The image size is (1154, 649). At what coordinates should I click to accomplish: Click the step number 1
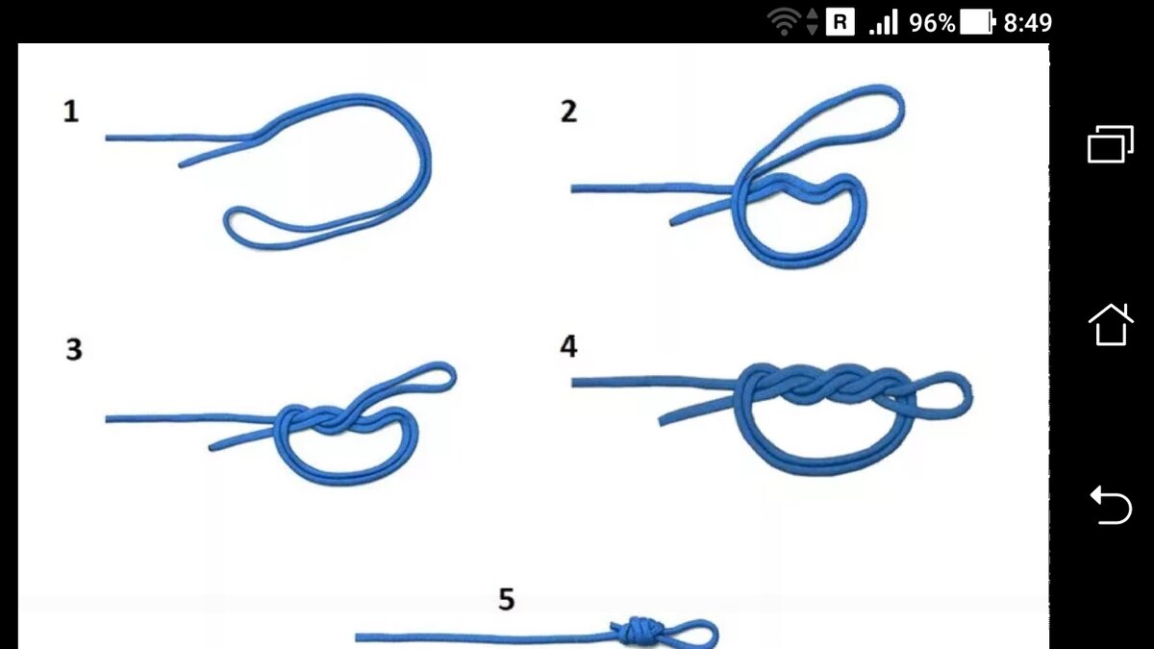coord(71,112)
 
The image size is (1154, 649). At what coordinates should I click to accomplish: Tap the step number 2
coord(568,112)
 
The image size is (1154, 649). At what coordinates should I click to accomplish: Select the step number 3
coord(74,349)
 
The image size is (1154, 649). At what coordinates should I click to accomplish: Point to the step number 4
coord(568,346)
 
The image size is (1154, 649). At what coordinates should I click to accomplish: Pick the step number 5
coord(507,599)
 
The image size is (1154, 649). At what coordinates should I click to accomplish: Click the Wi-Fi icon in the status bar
coord(784,23)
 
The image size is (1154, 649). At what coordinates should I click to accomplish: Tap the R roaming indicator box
coord(840,23)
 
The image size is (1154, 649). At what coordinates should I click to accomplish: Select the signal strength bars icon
coord(884,23)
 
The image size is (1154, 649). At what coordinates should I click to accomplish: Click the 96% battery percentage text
coord(932,23)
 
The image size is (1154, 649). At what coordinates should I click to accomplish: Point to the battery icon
coord(977,23)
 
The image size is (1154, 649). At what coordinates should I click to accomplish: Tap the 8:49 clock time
coord(1027,23)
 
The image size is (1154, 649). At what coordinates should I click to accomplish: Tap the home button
coord(1111,325)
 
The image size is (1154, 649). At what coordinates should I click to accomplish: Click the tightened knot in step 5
coord(637,632)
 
